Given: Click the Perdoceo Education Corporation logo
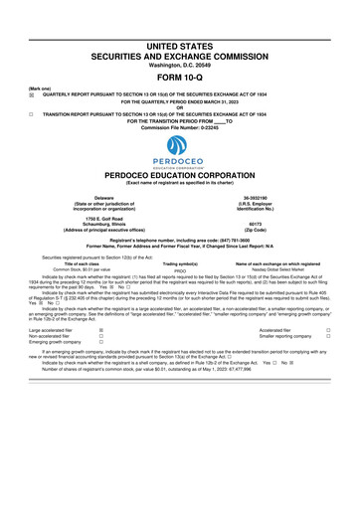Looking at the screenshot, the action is (x=180, y=154).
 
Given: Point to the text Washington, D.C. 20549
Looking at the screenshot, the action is (x=180, y=64).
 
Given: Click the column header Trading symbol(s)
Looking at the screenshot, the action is (x=180, y=263).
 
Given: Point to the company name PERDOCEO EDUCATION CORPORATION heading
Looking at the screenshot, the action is (x=180, y=175).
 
